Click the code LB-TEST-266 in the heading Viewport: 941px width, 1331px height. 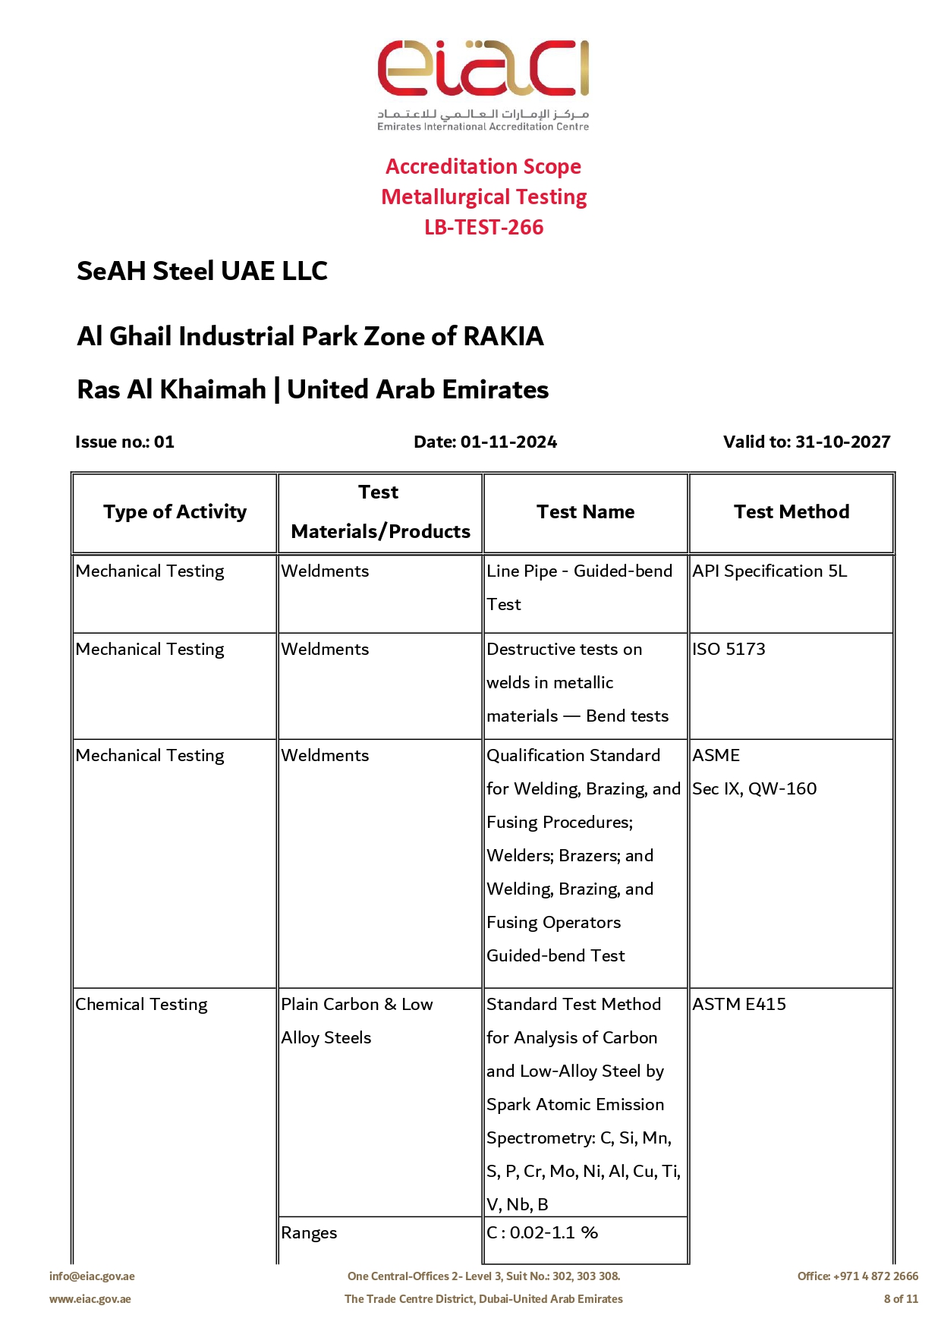pos(483,227)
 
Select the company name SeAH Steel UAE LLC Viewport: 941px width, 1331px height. pos(202,271)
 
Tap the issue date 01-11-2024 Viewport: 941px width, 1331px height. pos(508,442)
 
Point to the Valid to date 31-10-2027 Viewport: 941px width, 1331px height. pos(842,442)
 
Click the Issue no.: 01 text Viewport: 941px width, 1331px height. pos(124,442)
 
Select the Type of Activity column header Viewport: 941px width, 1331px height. pos(175,512)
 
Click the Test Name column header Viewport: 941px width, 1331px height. pos(585,512)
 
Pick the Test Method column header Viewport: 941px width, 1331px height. pos(791,512)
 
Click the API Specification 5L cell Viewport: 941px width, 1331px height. pos(769,571)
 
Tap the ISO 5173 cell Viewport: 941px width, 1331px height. pos(729,649)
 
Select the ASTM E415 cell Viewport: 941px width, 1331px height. pos(739,1004)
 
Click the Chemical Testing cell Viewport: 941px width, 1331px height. pos(141,1004)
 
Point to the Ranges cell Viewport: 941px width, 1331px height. pos(309,1232)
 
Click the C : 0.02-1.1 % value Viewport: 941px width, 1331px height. pos(542,1232)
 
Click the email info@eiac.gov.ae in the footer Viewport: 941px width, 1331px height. pos(92,1276)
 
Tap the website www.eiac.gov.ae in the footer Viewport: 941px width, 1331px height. pos(90,1299)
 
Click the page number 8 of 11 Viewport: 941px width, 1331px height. pos(901,1299)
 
